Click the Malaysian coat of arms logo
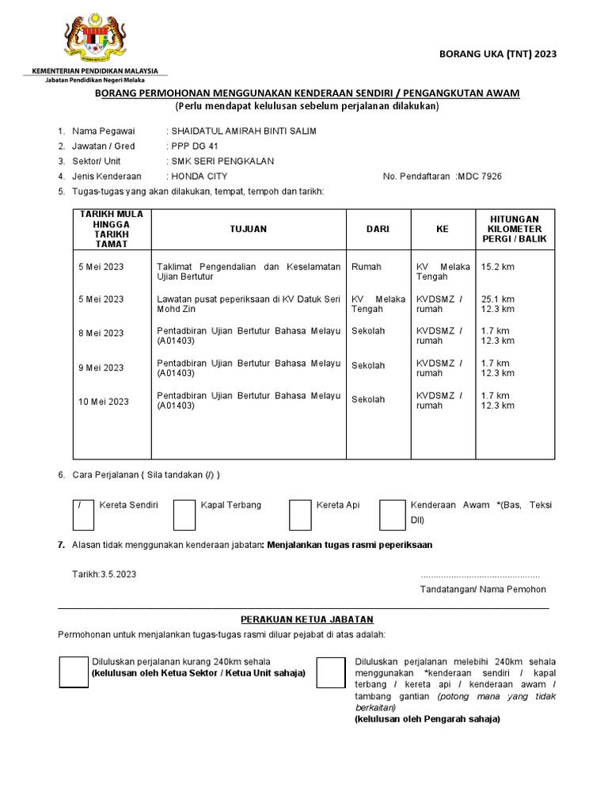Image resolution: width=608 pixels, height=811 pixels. pyautogui.click(x=94, y=39)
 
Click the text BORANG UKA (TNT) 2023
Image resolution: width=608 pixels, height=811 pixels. pyautogui.click(x=498, y=54)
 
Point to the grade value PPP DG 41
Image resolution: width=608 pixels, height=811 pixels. pyautogui.click(x=194, y=146)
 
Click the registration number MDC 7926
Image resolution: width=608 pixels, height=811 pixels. pyautogui.click(x=480, y=176)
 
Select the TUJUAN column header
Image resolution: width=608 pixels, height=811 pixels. pyautogui.click(x=248, y=229)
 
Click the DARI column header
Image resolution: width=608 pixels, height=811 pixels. pyautogui.click(x=378, y=229)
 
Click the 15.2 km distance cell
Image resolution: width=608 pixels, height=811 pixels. pyautogui.click(x=497, y=267)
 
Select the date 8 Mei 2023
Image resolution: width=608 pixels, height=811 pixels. pyautogui.click(x=101, y=333)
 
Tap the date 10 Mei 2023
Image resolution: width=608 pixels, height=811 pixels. pyautogui.click(x=103, y=402)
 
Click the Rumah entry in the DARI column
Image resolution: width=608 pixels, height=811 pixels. pyautogui.click(x=366, y=267)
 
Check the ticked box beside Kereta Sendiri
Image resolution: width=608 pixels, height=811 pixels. pyautogui.click(x=83, y=514)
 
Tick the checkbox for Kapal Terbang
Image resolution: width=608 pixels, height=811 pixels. pyautogui.click(x=184, y=514)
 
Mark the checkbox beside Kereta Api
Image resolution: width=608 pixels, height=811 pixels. pyautogui.click(x=300, y=514)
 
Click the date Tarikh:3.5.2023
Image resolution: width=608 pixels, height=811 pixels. pyautogui.click(x=104, y=574)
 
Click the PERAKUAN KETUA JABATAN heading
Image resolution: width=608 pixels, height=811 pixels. pyautogui.click(x=306, y=619)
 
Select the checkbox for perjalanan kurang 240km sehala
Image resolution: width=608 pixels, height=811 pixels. pyautogui.click(x=74, y=672)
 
